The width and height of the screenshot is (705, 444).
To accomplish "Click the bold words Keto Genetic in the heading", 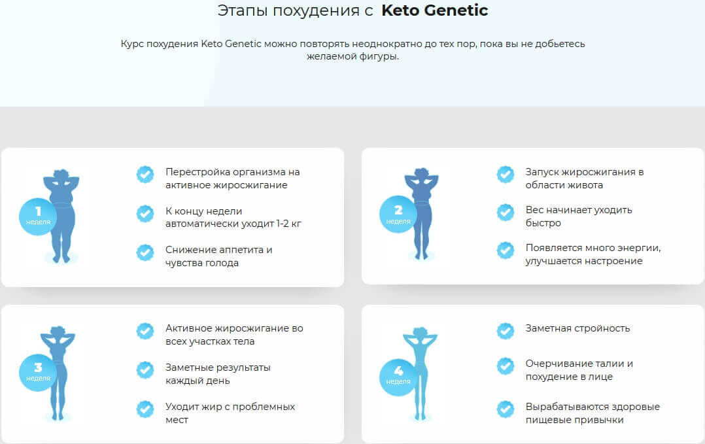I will coord(434,11).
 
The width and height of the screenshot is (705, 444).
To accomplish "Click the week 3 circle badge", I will coord(38,371).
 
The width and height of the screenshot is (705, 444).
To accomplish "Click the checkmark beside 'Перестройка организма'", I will coord(145,174).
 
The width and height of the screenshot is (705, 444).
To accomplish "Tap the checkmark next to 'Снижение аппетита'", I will coord(145,252).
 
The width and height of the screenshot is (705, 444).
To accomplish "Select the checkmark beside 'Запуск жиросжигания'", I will coord(506,174).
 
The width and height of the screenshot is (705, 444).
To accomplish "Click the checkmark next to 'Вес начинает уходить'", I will coord(506,213).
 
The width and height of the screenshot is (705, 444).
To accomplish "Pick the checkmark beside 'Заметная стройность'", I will coord(506,330).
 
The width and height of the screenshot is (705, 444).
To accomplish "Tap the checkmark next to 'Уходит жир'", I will coord(145,409).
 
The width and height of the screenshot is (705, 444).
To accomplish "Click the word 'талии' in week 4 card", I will coord(617,364).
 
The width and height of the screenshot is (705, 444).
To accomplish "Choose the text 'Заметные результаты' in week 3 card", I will coord(218,367).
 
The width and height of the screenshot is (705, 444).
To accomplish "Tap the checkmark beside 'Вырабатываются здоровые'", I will coord(506,409).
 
